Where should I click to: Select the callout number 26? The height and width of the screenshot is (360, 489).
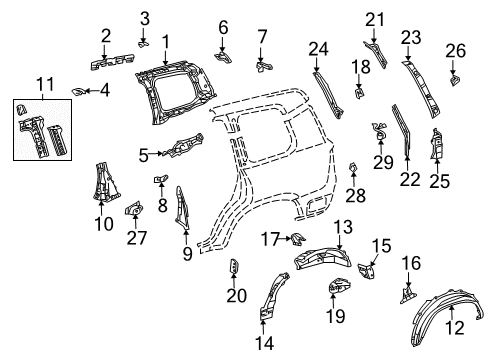pyautogui.click(x=456, y=48)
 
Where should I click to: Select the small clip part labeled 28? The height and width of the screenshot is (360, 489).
pyautogui.click(x=353, y=166)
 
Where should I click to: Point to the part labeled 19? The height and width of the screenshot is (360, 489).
pyautogui.click(x=335, y=288)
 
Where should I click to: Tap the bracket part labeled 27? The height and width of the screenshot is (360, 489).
pyautogui.click(x=132, y=211)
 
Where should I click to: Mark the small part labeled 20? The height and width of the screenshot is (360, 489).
pyautogui.click(x=235, y=268)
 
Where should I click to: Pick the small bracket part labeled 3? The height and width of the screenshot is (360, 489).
pyautogui.click(x=144, y=42)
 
